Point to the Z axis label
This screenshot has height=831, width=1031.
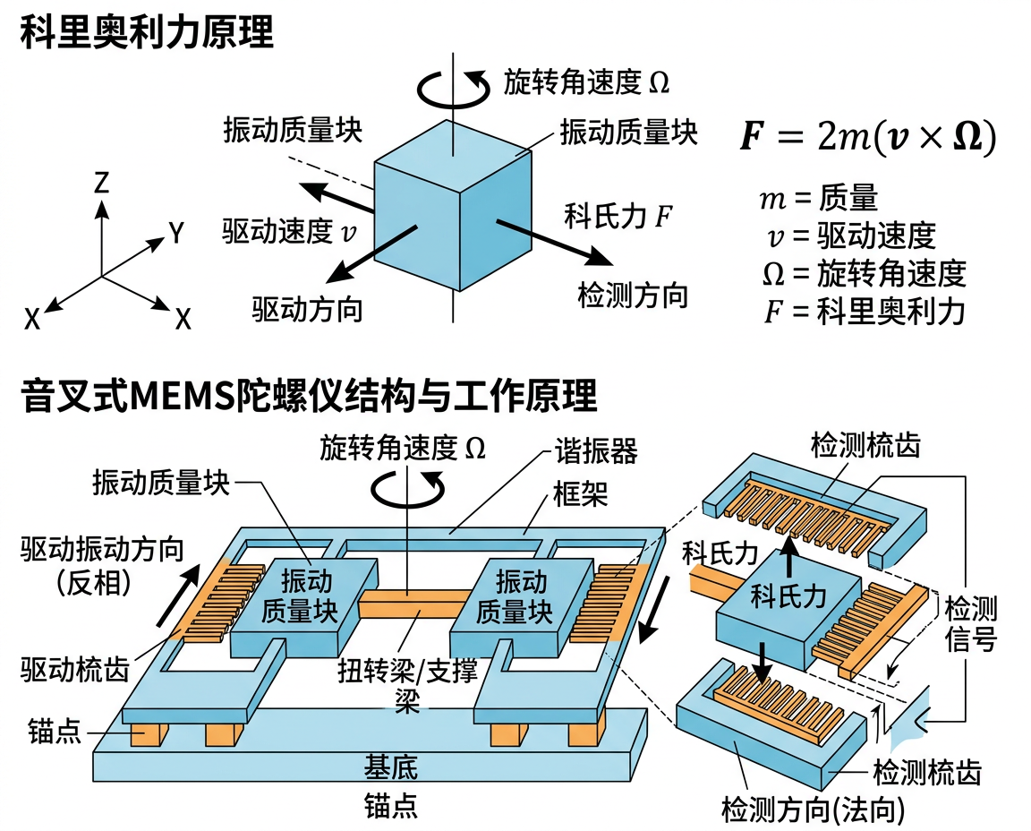pyautogui.click(x=101, y=184)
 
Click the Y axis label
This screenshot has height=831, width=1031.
pyautogui.click(x=176, y=234)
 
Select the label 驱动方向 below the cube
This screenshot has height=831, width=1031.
pyautogui.click(x=307, y=310)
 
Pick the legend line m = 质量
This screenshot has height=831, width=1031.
pyautogui.click(x=818, y=199)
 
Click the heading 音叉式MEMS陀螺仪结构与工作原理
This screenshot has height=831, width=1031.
pyautogui.click(x=309, y=397)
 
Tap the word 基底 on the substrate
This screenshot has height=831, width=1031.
pyautogui.click(x=390, y=767)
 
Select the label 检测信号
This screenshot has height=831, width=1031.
pyautogui.click(x=971, y=625)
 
